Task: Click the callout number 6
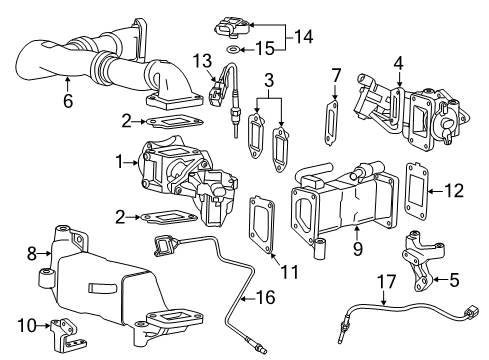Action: pyautogui.click(x=67, y=101)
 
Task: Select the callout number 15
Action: pyautogui.click(x=266, y=48)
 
